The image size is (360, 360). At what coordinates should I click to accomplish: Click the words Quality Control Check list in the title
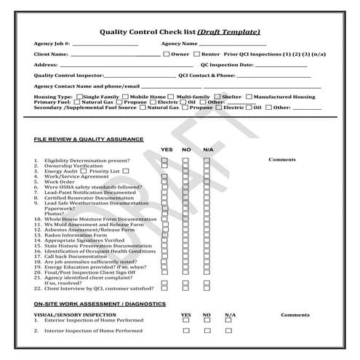pyautogui.click(x=146, y=31)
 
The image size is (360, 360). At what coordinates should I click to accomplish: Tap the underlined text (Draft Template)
pyautogui.click(x=228, y=31)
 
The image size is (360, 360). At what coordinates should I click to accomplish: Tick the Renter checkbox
pyautogui.click(x=196, y=54)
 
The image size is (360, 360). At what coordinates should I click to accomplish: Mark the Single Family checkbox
pyautogui.click(x=80, y=97)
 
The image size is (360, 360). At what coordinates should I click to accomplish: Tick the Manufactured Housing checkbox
pyautogui.click(x=249, y=97)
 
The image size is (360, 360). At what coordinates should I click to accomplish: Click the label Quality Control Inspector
pyautogui.click(x=69, y=76)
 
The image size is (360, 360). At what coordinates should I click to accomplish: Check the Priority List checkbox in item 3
pyautogui.click(x=126, y=170)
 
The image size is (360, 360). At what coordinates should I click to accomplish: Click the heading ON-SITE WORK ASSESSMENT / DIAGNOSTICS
pyautogui.click(x=100, y=303)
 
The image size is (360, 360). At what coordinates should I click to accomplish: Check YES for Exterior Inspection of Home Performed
pyautogui.click(x=185, y=321)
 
